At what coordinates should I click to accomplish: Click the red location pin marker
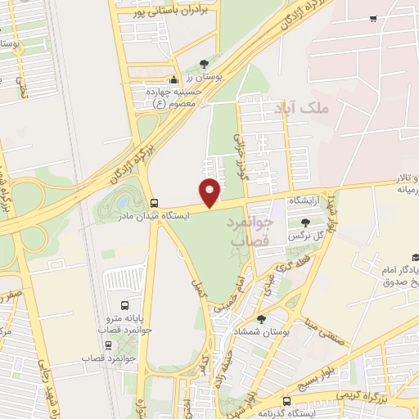click(x=210, y=192)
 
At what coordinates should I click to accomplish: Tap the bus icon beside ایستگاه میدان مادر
click(x=154, y=203)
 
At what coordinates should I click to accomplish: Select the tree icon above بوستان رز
click(x=204, y=64)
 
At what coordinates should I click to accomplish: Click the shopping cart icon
click(x=373, y=18)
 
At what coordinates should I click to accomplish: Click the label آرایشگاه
click(x=302, y=200)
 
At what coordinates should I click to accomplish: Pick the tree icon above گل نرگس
click(x=305, y=222)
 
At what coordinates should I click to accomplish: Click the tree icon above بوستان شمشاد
click(x=261, y=319)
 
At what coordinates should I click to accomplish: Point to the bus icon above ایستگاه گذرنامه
click(x=286, y=401)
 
